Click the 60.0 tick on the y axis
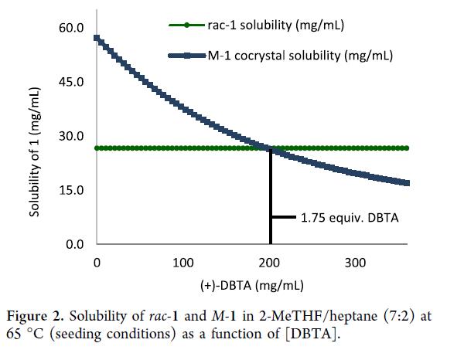[x=73, y=29]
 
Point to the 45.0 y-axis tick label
[x=73, y=83]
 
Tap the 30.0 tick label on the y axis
[x=73, y=137]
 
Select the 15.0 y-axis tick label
[x=73, y=191]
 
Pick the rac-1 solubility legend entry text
[x=275, y=25]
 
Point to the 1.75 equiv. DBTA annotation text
[x=350, y=218]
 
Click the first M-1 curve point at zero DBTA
[x=97, y=38]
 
